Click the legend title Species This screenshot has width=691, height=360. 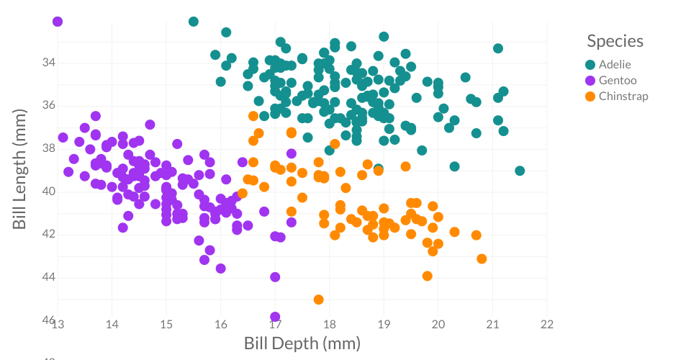[615, 41]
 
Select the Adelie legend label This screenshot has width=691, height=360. [615, 64]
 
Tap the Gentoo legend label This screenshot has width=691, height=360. [618, 80]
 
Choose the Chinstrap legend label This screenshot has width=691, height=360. [623, 96]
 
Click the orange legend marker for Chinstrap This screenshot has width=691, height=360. [590, 96]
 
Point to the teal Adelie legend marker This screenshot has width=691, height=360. [590, 64]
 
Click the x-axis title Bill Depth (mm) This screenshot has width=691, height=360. [302, 343]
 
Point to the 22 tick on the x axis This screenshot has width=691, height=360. [547, 324]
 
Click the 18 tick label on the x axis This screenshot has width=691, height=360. [330, 324]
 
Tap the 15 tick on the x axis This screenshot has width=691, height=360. [166, 324]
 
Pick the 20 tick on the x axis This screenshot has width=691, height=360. [438, 324]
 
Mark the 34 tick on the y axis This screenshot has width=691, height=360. [49, 63]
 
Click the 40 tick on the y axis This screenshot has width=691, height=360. [49, 191]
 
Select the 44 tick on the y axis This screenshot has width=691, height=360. [49, 277]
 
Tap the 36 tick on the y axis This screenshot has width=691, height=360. [49, 105]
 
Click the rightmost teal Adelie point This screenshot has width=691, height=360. [520, 171]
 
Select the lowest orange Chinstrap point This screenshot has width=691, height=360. [318, 300]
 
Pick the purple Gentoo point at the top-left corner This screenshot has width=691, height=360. [58, 22]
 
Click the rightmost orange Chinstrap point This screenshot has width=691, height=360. [482, 258]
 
